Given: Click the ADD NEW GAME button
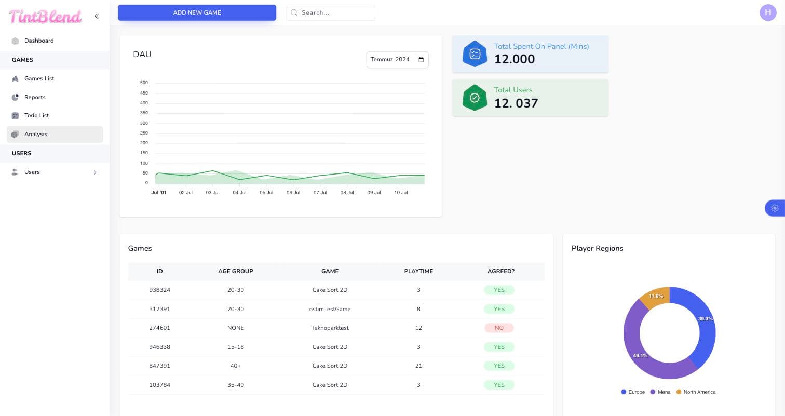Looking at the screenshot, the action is click(x=197, y=12).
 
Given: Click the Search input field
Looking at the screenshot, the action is click(x=331, y=12).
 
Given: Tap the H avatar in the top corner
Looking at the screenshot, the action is click(x=768, y=12).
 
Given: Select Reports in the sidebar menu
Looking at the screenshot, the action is click(x=35, y=97).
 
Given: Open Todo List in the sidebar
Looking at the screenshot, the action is click(x=36, y=115).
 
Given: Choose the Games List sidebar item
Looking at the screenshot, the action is click(x=39, y=78).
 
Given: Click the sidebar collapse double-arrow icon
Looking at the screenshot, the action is click(x=97, y=16).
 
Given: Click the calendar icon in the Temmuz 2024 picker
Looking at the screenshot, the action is click(x=421, y=60).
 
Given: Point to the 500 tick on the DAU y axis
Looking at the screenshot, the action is click(x=144, y=83).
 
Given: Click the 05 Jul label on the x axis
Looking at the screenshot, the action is click(x=266, y=192).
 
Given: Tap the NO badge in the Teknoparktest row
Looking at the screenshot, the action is click(x=499, y=328).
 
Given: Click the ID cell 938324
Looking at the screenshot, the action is click(x=159, y=290).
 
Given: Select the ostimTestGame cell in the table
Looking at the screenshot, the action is click(x=330, y=309).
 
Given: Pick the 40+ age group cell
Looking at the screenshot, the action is click(x=236, y=366).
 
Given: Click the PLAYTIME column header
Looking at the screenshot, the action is click(x=418, y=271).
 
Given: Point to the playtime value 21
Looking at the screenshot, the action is click(x=418, y=366).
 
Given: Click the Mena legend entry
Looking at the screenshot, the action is click(x=660, y=392).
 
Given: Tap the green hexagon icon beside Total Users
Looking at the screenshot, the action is click(x=475, y=98).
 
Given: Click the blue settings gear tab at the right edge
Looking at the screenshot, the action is click(x=775, y=208).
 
